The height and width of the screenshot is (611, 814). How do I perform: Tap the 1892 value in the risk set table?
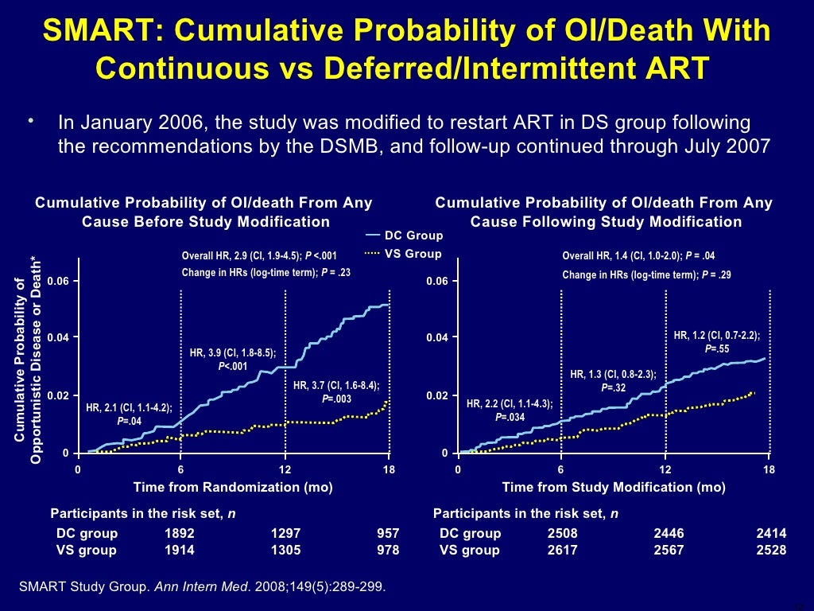click(179, 534)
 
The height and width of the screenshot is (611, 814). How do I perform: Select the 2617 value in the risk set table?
click(562, 551)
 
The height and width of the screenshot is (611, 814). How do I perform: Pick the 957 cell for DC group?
click(387, 534)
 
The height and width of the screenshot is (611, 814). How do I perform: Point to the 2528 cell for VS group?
click(771, 551)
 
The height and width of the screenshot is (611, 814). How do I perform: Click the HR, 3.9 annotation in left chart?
click(232, 359)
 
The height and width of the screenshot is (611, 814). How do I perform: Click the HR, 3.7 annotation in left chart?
click(336, 391)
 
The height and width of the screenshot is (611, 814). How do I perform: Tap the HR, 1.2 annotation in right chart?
click(716, 342)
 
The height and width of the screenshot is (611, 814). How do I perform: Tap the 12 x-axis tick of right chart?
click(665, 470)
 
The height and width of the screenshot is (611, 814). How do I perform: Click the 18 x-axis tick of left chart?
click(390, 470)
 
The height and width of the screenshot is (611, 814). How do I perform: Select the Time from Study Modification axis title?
click(613, 488)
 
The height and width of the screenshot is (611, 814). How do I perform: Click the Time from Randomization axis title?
click(233, 488)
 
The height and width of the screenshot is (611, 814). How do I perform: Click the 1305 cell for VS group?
click(285, 551)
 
